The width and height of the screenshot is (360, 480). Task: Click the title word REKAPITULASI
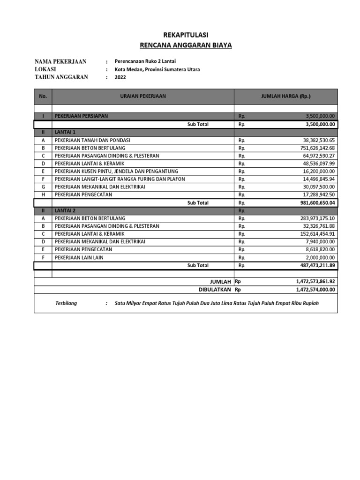click(x=186, y=35)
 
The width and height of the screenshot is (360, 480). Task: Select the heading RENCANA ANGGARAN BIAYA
click(x=186, y=45)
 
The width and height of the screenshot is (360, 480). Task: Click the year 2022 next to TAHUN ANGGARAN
click(x=121, y=77)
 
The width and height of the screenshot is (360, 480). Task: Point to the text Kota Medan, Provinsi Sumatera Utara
click(x=157, y=69)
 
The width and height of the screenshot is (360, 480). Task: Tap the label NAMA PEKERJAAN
click(x=60, y=62)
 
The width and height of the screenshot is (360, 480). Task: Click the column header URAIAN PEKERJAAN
click(x=142, y=96)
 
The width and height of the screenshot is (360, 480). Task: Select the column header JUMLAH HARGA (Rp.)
click(x=285, y=96)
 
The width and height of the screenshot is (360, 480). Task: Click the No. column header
click(x=43, y=96)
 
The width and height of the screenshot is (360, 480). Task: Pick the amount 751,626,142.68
click(x=317, y=148)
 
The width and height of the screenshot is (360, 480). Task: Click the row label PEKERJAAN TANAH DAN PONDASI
click(x=92, y=140)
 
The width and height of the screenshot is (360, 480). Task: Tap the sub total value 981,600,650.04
click(x=315, y=203)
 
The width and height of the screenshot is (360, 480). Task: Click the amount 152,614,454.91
click(x=317, y=234)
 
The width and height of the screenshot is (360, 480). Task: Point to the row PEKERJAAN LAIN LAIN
click(x=79, y=257)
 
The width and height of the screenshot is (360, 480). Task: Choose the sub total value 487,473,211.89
click(x=315, y=265)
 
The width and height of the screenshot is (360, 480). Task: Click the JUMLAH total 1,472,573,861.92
click(x=315, y=282)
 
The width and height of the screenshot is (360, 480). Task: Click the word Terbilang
click(x=66, y=303)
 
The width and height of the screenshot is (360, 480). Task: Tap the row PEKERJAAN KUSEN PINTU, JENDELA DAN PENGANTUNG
click(x=116, y=171)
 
